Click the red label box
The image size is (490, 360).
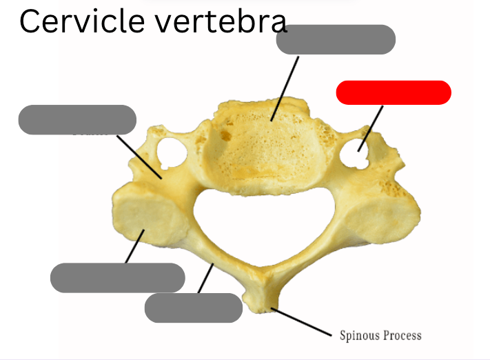394,92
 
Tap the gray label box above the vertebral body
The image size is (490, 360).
336,39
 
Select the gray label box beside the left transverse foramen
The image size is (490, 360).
77,119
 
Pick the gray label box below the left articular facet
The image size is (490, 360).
118,277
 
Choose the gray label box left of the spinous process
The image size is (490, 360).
193,308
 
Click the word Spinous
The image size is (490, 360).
360,336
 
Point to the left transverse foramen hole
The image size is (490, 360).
170,151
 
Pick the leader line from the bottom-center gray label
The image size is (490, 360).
206,279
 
